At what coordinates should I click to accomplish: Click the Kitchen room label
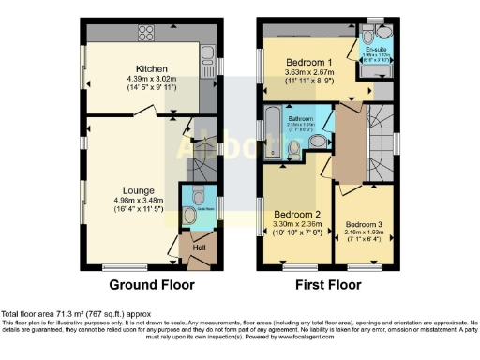point(150,68)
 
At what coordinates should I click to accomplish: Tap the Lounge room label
point(138,189)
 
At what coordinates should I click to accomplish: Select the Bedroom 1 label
point(308,62)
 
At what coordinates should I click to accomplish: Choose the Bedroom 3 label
point(363,225)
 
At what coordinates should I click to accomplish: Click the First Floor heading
point(328,285)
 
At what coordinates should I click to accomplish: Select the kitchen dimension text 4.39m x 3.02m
point(150,80)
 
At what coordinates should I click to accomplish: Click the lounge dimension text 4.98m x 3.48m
point(138,200)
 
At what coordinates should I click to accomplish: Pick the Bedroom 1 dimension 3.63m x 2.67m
point(308,72)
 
